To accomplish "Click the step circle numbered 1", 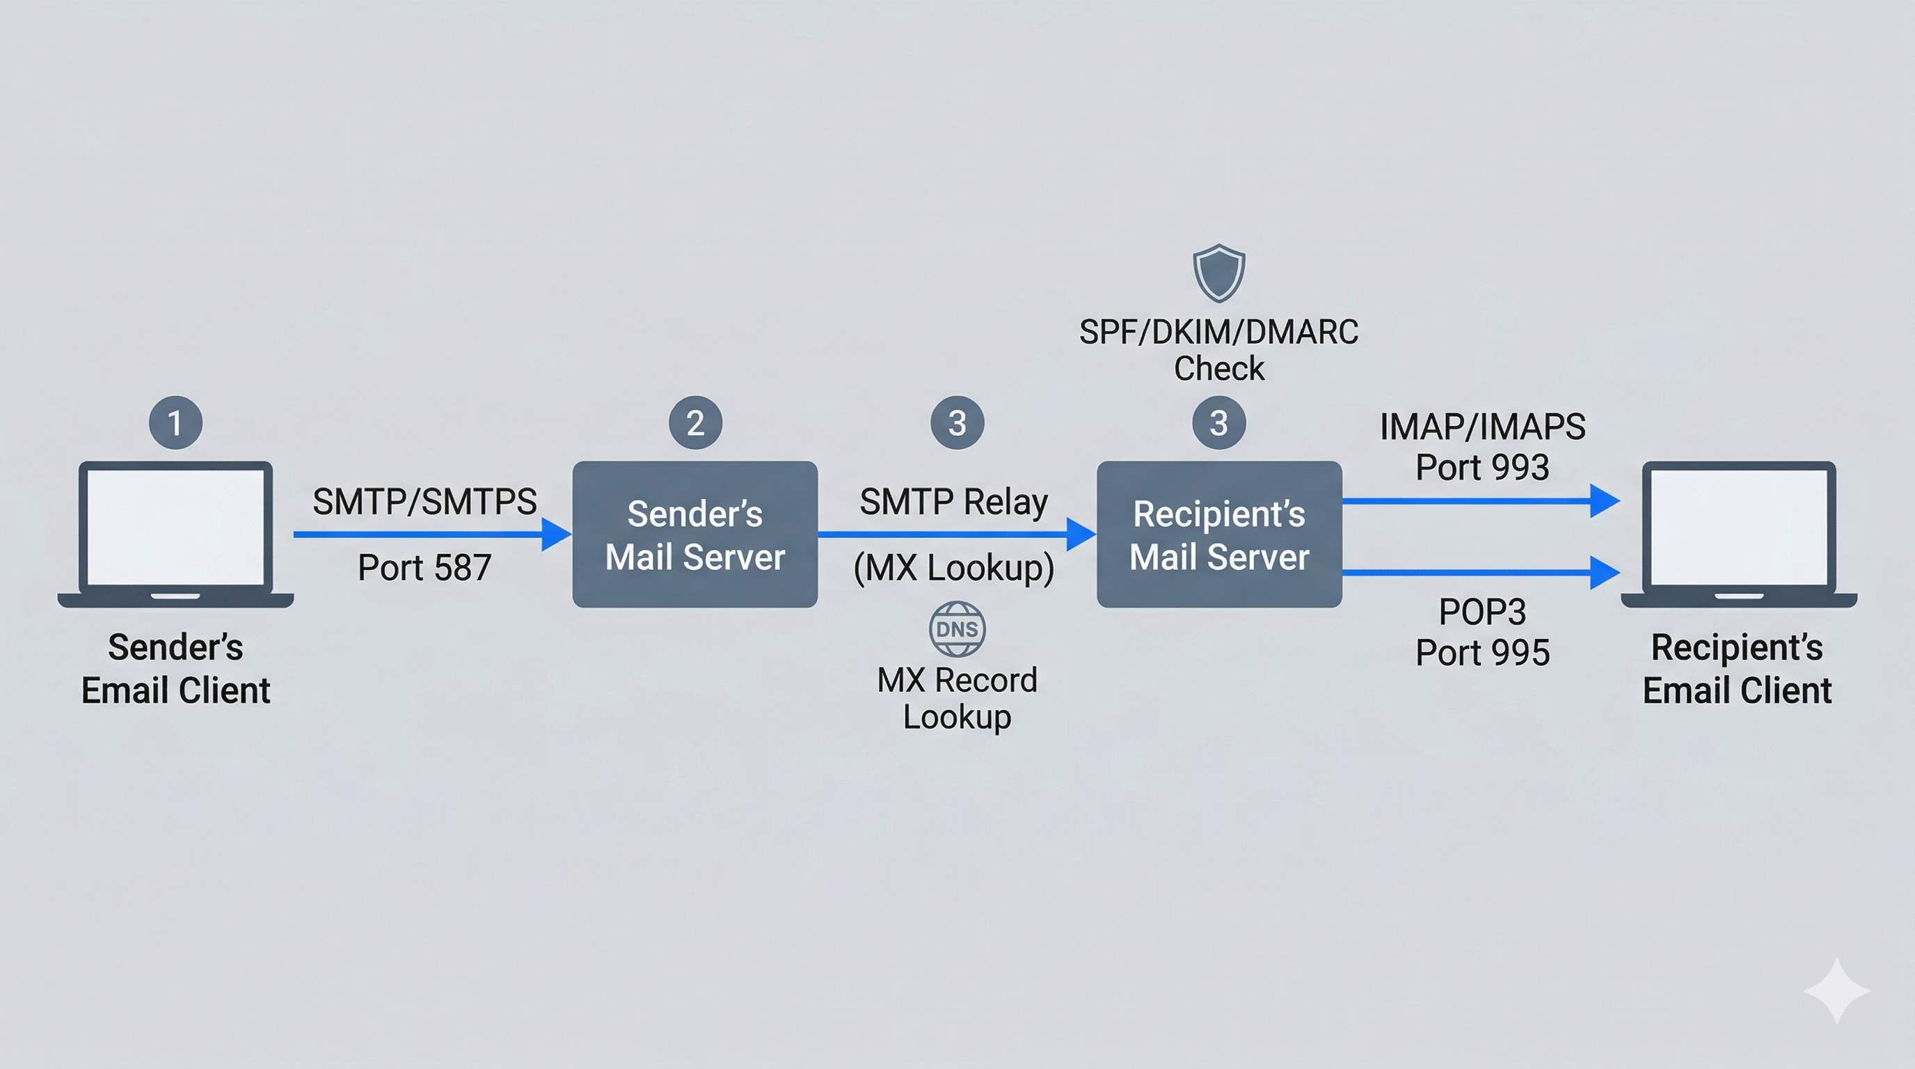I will (x=175, y=423).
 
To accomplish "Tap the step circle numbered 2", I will (x=695, y=423).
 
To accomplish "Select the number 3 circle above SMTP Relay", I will (x=957, y=423).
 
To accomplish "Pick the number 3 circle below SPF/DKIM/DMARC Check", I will (x=1218, y=423).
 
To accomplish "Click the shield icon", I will (x=1218, y=273).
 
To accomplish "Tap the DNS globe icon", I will (x=957, y=629).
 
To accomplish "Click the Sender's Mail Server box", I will (x=695, y=534).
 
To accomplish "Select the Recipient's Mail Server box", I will (x=1219, y=534).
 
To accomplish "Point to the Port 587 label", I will (x=424, y=568).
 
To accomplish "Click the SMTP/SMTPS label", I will (x=424, y=502).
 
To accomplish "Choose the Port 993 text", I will (x=1481, y=468).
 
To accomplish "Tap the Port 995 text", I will (x=1481, y=653).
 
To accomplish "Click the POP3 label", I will (x=1481, y=612).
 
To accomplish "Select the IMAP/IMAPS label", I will (x=1481, y=427).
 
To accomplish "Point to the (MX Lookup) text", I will (x=954, y=568).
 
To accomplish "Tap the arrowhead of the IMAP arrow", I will (x=1603, y=501).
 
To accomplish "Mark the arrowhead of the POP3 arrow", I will (x=1603, y=572).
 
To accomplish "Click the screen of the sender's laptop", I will (x=175, y=526).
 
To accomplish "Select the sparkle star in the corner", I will (x=1836, y=991).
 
